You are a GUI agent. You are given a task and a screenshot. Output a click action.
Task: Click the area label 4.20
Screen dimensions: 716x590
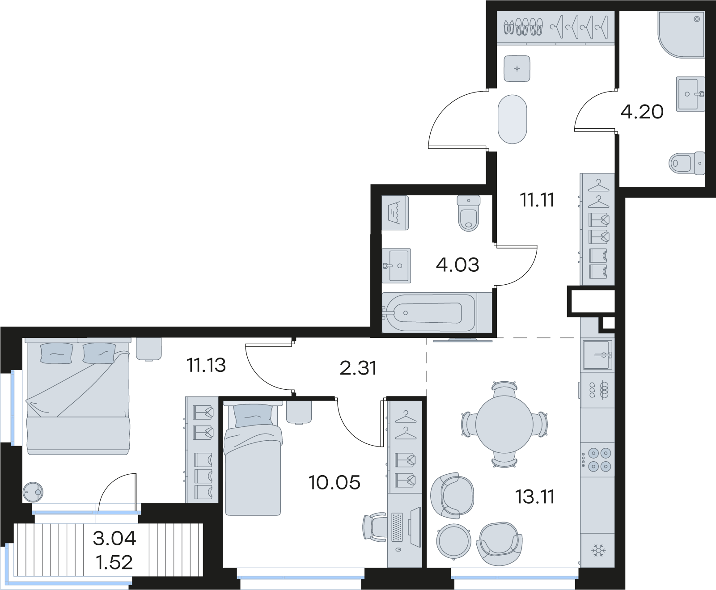(x=642, y=111)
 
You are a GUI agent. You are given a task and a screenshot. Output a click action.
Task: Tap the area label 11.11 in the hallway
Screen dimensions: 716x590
(x=537, y=200)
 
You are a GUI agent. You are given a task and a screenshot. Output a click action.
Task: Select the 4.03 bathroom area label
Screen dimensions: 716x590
(x=458, y=265)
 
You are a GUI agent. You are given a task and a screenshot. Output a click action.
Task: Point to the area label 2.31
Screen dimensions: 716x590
(x=358, y=368)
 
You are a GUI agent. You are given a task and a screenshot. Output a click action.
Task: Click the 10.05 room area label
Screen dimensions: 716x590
(x=335, y=483)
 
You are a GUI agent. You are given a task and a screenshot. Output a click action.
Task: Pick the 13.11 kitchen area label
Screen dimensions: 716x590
(x=535, y=497)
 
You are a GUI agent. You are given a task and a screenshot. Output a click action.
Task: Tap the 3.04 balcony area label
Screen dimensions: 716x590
(x=114, y=539)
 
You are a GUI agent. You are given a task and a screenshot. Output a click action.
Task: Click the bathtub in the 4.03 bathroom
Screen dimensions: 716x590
(x=429, y=312)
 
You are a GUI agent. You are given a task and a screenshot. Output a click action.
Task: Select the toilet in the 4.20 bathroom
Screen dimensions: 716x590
(x=687, y=163)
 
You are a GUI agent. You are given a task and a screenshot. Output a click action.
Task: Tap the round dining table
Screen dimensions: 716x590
(x=504, y=424)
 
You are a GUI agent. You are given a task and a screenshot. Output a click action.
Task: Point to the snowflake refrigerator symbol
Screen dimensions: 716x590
(x=598, y=551)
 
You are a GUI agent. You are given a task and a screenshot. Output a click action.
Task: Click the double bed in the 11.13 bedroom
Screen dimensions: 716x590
(x=78, y=396)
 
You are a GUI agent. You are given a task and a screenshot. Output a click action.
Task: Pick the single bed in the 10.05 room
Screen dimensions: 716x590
(x=253, y=459)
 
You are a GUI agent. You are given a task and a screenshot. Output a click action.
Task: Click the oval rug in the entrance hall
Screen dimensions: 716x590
(x=513, y=119)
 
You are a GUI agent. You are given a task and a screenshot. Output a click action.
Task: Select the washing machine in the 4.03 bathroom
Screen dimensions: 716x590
(x=395, y=212)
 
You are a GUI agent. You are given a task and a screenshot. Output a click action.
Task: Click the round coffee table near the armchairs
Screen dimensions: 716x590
(x=453, y=541)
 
